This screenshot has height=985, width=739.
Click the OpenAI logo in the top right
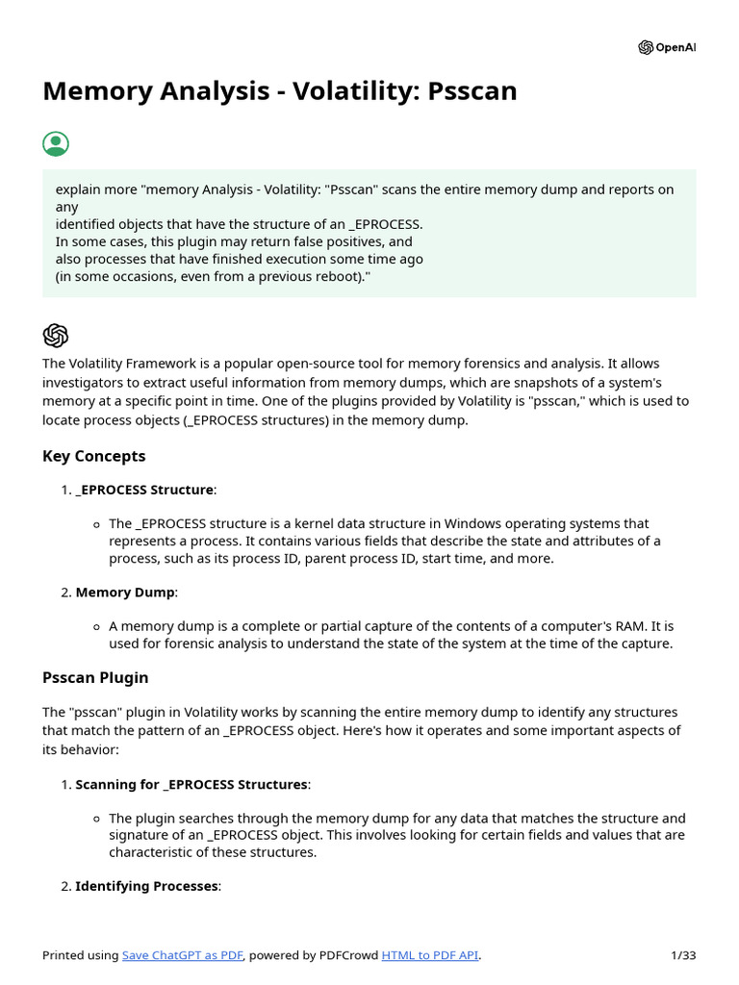pos(666,48)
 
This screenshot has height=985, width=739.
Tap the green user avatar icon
pos(56,144)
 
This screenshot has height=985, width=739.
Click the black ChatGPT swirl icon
pos(56,335)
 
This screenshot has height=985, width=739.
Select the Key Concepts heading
pos(94,456)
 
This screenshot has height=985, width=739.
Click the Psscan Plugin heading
pos(95,677)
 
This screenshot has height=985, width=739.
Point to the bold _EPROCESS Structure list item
pos(144,490)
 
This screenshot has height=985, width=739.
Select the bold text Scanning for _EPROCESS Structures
pos(191,785)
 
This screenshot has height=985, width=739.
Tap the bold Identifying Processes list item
pos(146,886)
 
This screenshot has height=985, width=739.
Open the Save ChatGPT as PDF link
pos(183,955)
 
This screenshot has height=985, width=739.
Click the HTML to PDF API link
pos(430,955)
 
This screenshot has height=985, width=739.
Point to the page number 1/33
pos(682,955)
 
